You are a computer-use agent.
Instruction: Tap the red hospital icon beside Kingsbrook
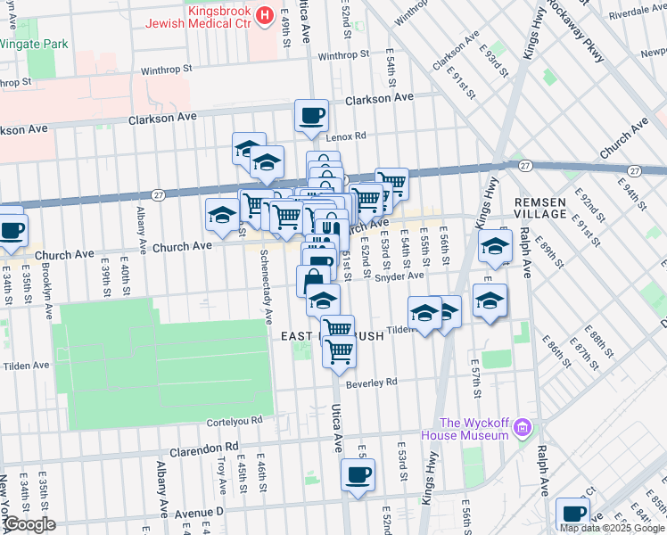pos(264,15)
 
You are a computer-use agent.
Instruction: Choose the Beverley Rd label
pos(371,383)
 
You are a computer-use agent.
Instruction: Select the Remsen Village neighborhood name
pos(540,209)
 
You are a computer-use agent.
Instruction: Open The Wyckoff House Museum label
pos(473,429)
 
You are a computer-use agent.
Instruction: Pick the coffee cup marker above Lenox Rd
pos(311,116)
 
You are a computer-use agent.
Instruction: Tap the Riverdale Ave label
pos(637,13)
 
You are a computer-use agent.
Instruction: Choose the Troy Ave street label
pos(221,476)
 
